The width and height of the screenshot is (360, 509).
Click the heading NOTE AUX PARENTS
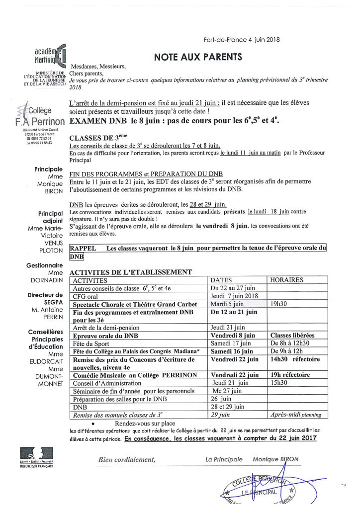click(x=198, y=57)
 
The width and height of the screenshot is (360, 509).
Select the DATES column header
click(x=221, y=280)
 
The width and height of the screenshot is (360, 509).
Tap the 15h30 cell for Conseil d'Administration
click(x=280, y=383)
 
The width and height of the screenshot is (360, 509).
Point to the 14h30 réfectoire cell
click(x=295, y=359)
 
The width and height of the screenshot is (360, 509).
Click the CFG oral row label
click(x=88, y=296)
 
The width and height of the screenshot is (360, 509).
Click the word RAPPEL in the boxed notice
click(x=82, y=248)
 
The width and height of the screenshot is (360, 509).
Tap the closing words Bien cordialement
click(x=128, y=459)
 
